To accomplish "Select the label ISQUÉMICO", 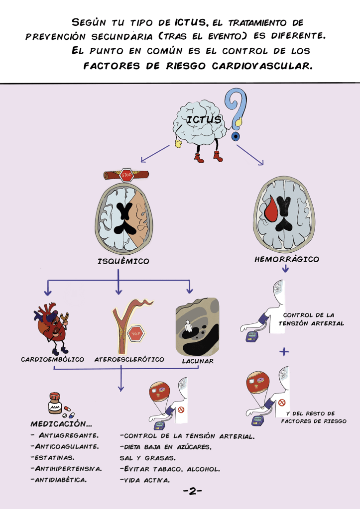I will (x=123, y=261).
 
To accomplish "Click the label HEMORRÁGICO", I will (x=287, y=259).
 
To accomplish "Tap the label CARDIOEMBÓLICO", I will (x=52, y=359).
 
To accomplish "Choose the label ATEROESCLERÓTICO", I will (x=129, y=359).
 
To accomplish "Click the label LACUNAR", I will (x=198, y=361).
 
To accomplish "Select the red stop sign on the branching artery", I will (x=135, y=333).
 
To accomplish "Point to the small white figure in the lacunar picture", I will (x=188, y=326).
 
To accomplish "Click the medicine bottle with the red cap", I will (x=54, y=404).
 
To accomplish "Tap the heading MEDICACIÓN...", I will (x=61, y=424).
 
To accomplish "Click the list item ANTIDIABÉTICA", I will (x=59, y=480).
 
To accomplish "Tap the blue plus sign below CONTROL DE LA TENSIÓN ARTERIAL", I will (x=284, y=351).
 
